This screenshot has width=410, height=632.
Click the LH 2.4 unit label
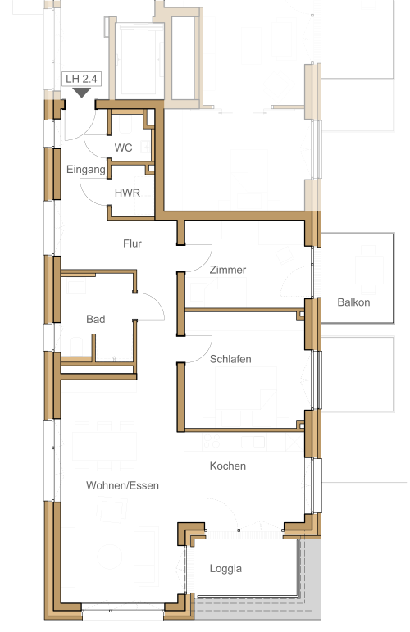pyautogui.click(x=81, y=79)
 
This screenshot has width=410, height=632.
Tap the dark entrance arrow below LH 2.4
pyautogui.click(x=82, y=93)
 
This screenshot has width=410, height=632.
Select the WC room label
pyautogui.click(x=123, y=148)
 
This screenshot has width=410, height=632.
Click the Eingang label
pyautogui.click(x=86, y=170)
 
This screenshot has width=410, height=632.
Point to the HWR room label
pyautogui.click(x=127, y=193)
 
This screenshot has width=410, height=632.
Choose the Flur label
pyautogui.click(x=132, y=243)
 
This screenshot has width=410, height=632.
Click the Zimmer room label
pyautogui.click(x=228, y=270)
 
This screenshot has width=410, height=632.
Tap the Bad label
pyautogui.click(x=96, y=319)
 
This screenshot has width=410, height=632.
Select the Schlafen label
pyautogui.click(x=230, y=359)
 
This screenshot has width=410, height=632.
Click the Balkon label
pyautogui.click(x=353, y=302)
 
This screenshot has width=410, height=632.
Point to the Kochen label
pyautogui.click(x=228, y=466)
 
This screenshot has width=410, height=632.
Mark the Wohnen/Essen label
pyautogui.click(x=122, y=485)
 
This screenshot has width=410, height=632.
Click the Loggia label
pyautogui.click(x=225, y=569)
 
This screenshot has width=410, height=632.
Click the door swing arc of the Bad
pyautogui.click(x=158, y=302)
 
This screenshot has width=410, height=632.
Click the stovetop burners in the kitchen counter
pyautogui.click(x=212, y=442)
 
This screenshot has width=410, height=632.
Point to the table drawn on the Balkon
pyautogui.click(x=369, y=269)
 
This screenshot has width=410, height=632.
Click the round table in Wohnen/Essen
pyautogui.click(x=110, y=557)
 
